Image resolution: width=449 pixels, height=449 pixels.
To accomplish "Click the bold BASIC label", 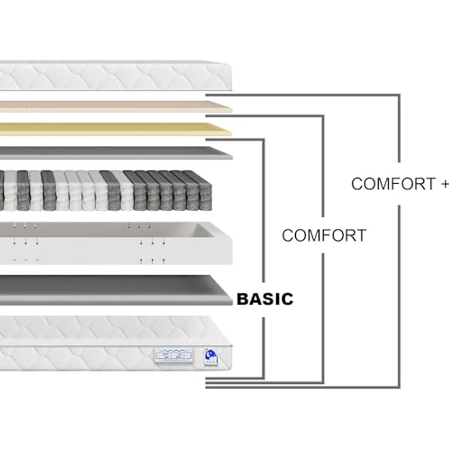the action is [x=265, y=299].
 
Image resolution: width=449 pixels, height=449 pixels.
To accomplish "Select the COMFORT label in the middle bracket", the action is [x=324, y=235].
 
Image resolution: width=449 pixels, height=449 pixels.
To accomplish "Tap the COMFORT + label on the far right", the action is [x=400, y=184].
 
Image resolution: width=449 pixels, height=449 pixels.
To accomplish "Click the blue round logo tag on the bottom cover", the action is [x=210, y=357].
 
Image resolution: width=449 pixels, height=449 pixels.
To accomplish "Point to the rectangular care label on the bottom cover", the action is [x=173, y=356].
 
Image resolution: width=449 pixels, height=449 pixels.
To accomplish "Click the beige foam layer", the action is [x=115, y=106].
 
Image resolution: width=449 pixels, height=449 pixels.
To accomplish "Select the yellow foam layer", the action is [x=115, y=129].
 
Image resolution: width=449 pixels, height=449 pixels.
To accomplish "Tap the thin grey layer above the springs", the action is [x=115, y=153].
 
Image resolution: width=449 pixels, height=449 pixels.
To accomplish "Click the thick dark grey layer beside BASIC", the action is [x=115, y=290].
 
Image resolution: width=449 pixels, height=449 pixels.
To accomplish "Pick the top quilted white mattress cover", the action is [x=115, y=76].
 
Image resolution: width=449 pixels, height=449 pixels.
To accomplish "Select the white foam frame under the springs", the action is [x=115, y=243].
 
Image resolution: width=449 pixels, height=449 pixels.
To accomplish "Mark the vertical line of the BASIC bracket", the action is [x=264, y=259].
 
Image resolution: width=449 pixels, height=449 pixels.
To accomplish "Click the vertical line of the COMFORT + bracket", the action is [x=399, y=240].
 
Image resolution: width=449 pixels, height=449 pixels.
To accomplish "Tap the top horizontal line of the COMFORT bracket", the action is [x=265, y=117].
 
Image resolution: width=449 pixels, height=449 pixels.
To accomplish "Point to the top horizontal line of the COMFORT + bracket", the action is [x=303, y=95].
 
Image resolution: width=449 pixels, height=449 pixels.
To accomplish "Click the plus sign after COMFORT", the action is [x=445, y=184].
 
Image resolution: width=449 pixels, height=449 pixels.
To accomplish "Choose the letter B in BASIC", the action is [x=243, y=299].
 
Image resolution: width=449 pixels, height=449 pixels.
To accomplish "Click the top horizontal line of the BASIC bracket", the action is [x=235, y=140].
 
